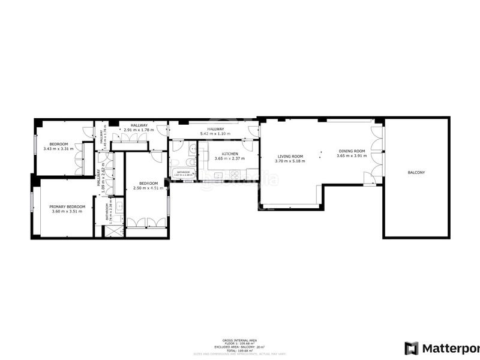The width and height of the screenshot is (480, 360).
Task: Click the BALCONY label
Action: [x=416, y=173]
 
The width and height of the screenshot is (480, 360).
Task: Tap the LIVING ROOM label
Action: [x=289, y=156]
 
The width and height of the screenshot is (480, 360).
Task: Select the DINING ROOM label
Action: [x=351, y=151]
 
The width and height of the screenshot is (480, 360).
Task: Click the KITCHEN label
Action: [x=230, y=154]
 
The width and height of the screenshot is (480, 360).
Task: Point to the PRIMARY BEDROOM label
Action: [x=67, y=207]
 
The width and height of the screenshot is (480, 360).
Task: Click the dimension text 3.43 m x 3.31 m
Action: [x=59, y=149]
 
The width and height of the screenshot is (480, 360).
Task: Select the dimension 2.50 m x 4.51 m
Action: [x=148, y=188]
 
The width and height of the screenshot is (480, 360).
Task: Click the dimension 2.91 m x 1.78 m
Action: [x=139, y=130]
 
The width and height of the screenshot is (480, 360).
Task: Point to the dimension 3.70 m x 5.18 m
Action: [x=290, y=161]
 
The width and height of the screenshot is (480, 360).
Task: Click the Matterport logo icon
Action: [x=411, y=348]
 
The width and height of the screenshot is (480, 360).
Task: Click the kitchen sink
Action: [x=218, y=176]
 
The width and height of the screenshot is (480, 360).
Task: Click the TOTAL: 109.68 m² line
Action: [x=240, y=350]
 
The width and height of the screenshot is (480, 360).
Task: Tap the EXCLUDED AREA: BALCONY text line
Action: [x=240, y=347]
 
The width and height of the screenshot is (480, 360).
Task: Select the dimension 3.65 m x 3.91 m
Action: [x=351, y=157]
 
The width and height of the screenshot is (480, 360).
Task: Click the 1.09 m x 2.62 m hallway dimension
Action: [x=103, y=177]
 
